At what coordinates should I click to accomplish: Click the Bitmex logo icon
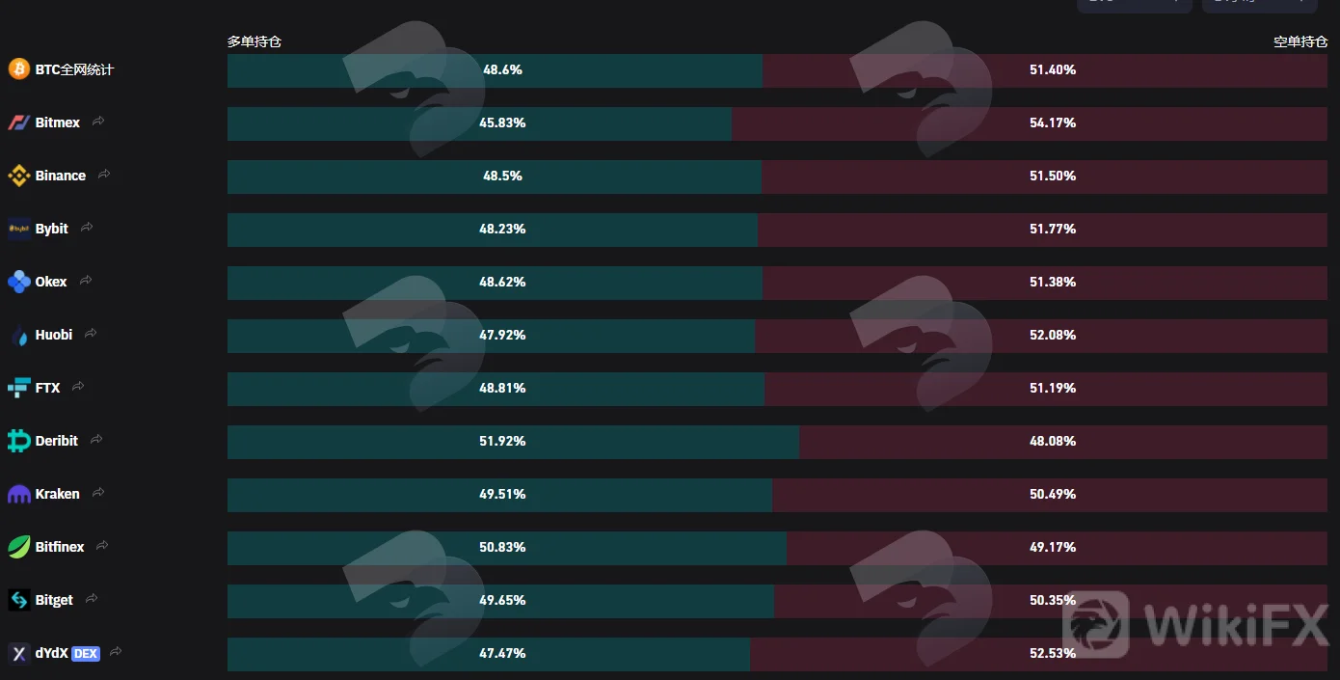[x=18, y=122]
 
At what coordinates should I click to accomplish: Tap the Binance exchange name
[x=61, y=176]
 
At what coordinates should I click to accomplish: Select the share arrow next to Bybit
[x=87, y=228]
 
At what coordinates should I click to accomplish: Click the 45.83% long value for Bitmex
[x=502, y=122]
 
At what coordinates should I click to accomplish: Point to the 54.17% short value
[x=1053, y=122]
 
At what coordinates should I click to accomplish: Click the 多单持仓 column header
[x=255, y=41]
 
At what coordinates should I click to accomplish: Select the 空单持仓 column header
[x=1300, y=41]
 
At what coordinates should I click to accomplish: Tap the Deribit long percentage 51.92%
[x=502, y=441]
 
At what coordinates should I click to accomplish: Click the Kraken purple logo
[x=18, y=495]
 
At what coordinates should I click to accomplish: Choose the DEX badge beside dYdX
[x=86, y=653]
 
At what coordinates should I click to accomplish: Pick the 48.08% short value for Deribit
[x=1053, y=441]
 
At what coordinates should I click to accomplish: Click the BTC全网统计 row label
[x=74, y=69]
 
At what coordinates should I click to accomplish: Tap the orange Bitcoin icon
[x=19, y=68]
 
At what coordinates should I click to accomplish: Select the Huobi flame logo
[x=20, y=337]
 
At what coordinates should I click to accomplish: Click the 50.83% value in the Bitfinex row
[x=502, y=547]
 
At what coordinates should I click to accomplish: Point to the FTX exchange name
[x=48, y=388]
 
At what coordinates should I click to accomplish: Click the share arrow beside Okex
[x=86, y=280]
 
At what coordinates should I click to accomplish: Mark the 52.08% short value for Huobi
[x=1053, y=336]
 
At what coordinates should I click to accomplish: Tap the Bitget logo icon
[x=18, y=600]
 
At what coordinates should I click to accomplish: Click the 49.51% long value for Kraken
[x=502, y=495]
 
